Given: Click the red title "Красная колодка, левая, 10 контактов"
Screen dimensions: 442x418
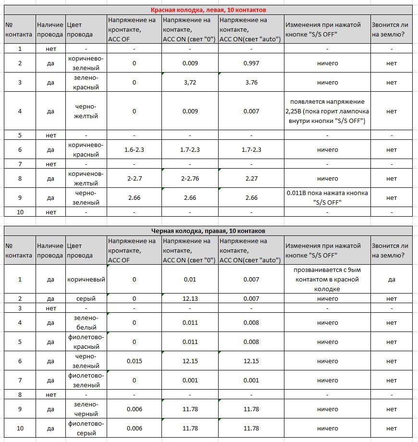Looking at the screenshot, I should coord(209,10).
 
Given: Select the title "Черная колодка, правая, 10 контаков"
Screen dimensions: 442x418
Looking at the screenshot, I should coord(209,231).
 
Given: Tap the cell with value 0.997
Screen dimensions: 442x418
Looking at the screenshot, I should coord(251,63).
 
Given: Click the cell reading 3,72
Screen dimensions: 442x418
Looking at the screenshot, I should coord(190,82).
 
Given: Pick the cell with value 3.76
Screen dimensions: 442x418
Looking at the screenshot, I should coord(251,82).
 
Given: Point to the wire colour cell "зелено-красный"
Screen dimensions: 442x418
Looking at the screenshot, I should coord(86,82).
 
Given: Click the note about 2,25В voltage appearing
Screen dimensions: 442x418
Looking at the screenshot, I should coord(327,111).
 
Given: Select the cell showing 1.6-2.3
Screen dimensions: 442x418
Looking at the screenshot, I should coord(134,149).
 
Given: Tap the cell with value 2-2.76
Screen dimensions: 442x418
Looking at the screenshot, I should coord(190,178).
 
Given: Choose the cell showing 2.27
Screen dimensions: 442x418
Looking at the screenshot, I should coord(251,178).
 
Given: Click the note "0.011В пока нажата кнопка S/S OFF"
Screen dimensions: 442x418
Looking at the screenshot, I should coord(327,197).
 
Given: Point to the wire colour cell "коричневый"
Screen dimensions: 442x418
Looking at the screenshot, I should coord(86,279).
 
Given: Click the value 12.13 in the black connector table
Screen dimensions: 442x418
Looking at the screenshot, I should coord(190,298).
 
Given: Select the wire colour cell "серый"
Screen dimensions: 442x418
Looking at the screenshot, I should coord(86,298).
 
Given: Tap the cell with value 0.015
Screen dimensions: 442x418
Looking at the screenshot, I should coord(134,361).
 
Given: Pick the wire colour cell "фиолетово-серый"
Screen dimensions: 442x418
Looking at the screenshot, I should coord(86,428).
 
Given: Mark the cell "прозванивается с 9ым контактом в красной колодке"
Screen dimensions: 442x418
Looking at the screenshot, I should coord(327,279).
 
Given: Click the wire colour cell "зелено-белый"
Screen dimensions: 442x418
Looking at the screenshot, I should coord(86,322).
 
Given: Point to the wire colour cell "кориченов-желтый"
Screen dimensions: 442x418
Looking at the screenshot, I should coord(86,178).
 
